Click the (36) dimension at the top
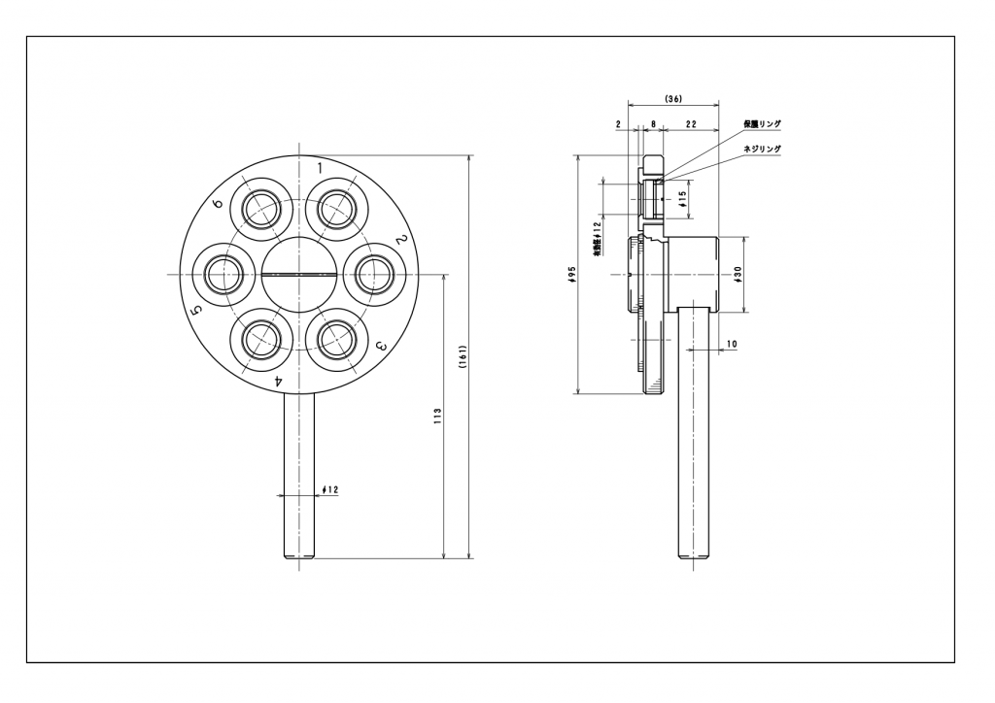coord(672,99)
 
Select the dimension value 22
coord(689,124)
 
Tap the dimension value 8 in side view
coord(653,124)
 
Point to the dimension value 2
coord(619,124)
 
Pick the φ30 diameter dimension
coord(738,275)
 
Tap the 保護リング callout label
coord(763,124)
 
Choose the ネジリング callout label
coord(763,149)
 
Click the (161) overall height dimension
coord(464,357)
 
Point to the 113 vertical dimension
coord(438,415)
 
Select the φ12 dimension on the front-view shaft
coord(330,489)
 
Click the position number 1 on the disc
coord(320,167)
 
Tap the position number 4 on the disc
coord(278,382)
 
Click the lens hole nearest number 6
coord(261,208)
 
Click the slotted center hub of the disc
coord(298,274)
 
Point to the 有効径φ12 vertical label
coord(596,236)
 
